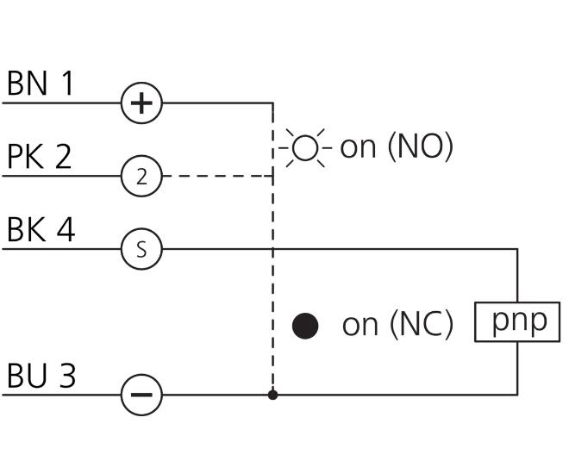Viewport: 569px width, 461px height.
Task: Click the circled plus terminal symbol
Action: pos(141,103)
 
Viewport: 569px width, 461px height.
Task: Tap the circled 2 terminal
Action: pos(141,176)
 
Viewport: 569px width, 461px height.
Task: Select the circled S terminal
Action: pos(141,249)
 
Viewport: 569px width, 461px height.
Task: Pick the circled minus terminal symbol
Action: pos(141,395)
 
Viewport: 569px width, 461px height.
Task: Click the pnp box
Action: pos(517,321)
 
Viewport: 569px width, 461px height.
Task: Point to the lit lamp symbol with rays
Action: pos(305,148)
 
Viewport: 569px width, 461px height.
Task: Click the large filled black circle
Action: pos(305,326)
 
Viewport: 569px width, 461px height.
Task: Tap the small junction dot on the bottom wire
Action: pos(273,395)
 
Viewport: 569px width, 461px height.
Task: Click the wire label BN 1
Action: pos(40,84)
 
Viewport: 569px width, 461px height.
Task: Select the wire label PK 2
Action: pos(39,156)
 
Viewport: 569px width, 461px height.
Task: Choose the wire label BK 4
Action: pos(41,229)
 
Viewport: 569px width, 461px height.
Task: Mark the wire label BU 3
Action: pos(41,375)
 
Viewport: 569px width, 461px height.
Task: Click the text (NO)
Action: pos(421,146)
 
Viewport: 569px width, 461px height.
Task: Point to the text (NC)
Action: pos(422,324)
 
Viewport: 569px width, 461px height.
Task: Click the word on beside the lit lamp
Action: pos(358,147)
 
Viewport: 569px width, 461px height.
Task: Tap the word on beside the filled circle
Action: pos(360,325)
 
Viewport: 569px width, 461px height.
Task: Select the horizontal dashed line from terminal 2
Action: pos(218,176)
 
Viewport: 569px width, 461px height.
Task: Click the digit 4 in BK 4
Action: pos(66,229)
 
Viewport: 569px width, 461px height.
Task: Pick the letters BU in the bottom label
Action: pos(27,375)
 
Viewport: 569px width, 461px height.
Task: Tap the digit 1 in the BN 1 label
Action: pos(67,84)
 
